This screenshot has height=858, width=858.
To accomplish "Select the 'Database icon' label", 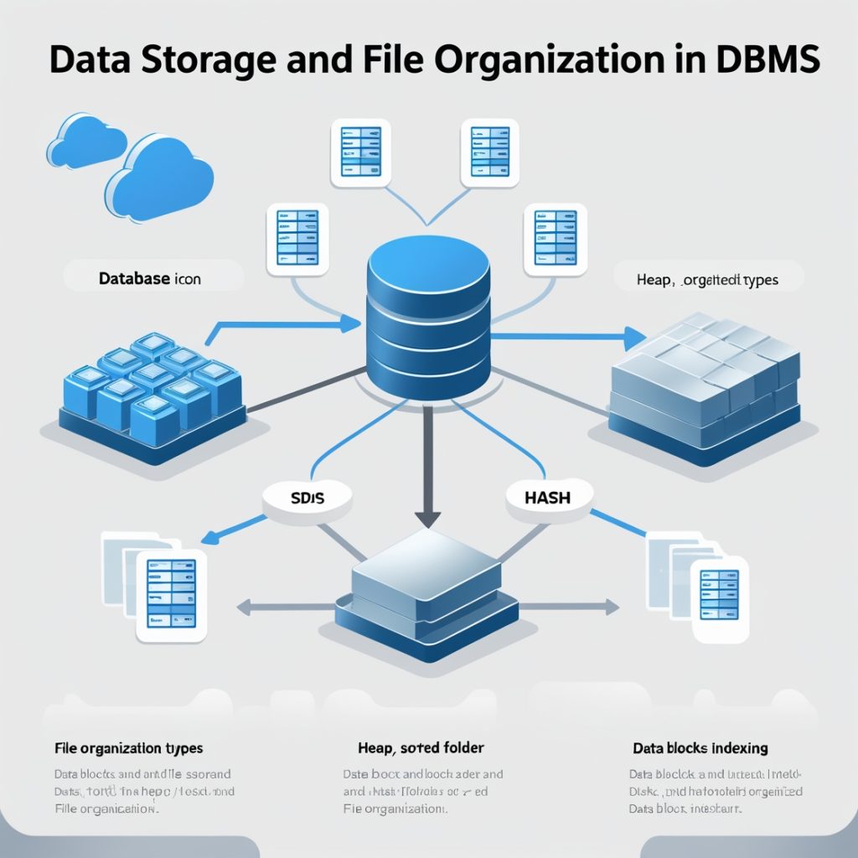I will [150, 278].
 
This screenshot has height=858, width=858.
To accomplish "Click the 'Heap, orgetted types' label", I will [707, 280].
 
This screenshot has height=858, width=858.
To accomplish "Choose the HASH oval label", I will [547, 497].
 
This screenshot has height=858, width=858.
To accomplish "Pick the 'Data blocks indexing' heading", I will [700, 747].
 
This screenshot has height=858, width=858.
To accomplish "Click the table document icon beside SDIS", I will [171, 594].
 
